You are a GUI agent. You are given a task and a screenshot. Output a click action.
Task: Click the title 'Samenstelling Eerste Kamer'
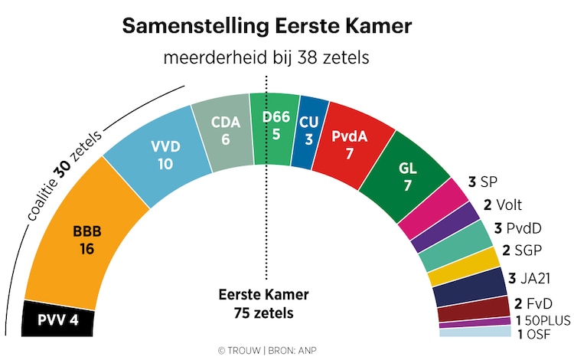tap(267, 27)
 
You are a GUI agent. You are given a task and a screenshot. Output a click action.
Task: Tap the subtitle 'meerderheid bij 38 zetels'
tap(267, 59)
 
